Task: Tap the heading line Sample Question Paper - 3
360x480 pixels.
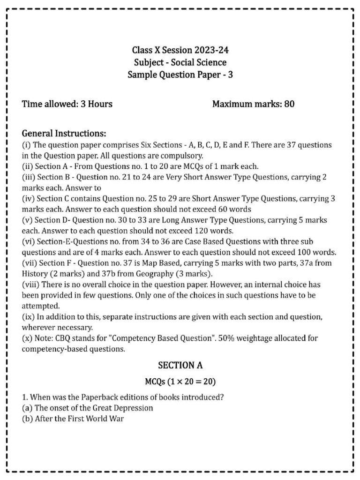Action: (180, 75)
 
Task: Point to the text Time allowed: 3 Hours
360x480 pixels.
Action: (67, 104)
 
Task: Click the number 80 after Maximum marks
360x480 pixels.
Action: (289, 104)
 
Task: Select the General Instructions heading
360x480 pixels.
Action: (64, 134)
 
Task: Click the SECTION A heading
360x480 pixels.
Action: (180, 365)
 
